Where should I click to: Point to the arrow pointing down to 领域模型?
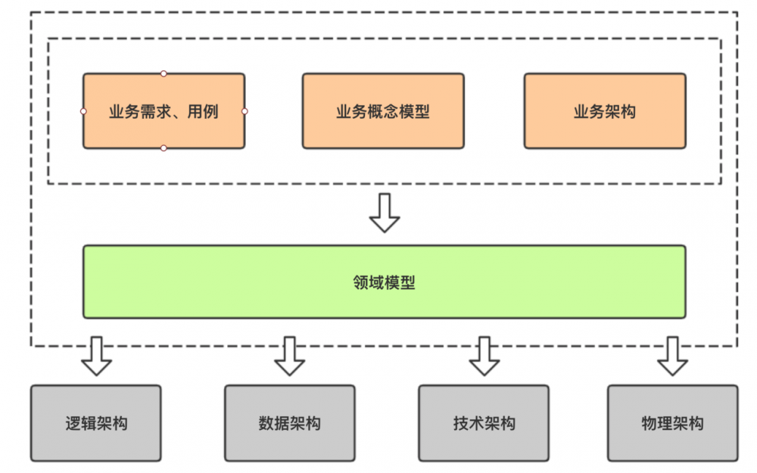click(x=385, y=213)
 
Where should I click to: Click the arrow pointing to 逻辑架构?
click(x=96, y=356)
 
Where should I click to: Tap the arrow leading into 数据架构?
click(x=289, y=356)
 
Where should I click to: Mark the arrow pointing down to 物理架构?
click(x=672, y=356)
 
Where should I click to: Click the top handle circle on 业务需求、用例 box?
click(x=164, y=73)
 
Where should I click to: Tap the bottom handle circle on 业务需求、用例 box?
click(x=164, y=148)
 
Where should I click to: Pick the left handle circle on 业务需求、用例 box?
click(x=83, y=111)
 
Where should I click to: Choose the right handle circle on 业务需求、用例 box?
click(x=245, y=111)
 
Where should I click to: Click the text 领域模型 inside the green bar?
click(x=384, y=283)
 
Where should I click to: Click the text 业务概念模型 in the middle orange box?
click(x=383, y=112)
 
